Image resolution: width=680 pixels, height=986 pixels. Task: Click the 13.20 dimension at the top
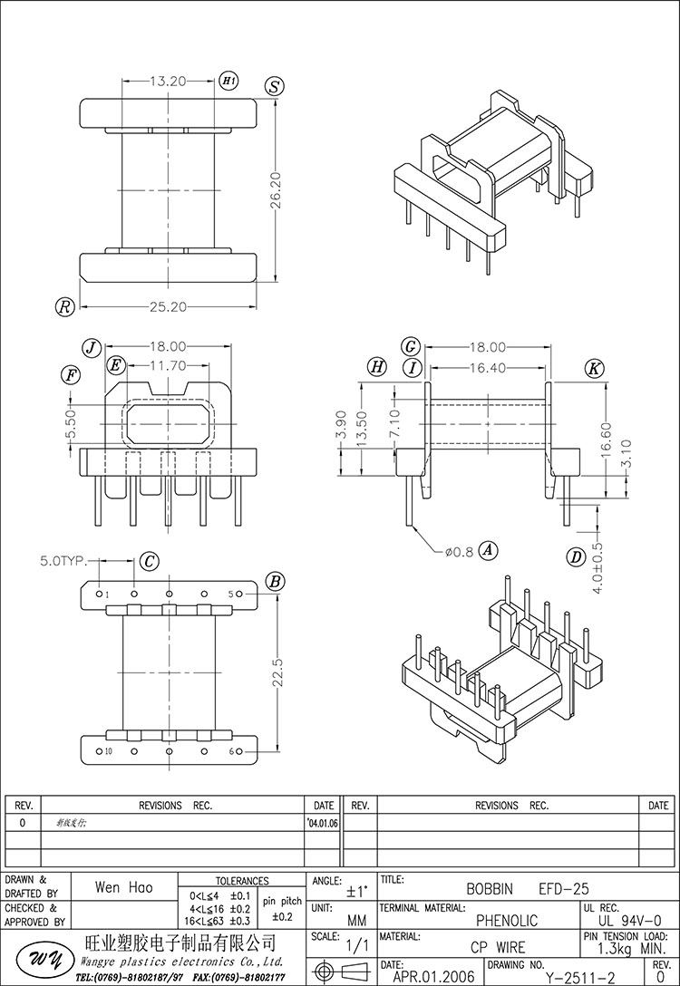click(x=169, y=82)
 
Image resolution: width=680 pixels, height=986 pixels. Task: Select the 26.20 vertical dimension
click(x=277, y=190)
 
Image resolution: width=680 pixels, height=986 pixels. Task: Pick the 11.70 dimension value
click(x=167, y=365)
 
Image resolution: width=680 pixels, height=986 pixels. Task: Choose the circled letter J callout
click(x=90, y=348)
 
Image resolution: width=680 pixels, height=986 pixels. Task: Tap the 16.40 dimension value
click(x=489, y=367)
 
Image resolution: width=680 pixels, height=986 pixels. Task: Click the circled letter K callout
click(x=593, y=368)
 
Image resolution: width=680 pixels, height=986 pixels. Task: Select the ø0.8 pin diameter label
click(x=460, y=551)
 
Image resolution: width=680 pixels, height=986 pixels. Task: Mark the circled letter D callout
click(x=575, y=556)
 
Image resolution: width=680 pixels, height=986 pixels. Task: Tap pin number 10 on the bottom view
click(x=107, y=752)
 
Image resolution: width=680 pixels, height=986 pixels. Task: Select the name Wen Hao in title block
click(x=124, y=888)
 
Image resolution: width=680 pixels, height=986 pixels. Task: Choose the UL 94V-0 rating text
click(x=625, y=919)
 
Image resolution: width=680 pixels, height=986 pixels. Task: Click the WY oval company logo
click(x=41, y=959)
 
